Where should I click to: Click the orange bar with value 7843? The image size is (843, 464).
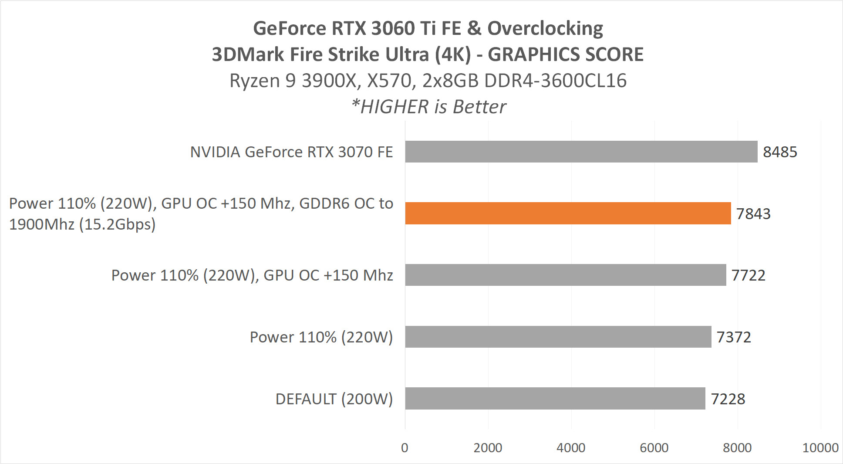[x=568, y=213]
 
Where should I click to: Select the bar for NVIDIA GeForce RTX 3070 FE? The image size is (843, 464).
[x=581, y=152]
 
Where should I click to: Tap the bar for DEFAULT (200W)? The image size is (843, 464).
[x=555, y=398]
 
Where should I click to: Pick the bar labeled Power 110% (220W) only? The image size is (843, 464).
[x=558, y=337]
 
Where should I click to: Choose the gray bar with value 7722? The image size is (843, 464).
[x=565, y=275]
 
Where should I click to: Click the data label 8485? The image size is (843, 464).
[x=780, y=152]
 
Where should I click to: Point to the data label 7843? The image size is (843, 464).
[x=753, y=214]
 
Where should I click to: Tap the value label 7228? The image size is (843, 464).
[x=728, y=399]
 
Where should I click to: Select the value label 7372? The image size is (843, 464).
[x=734, y=337]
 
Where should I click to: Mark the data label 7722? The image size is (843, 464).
[x=748, y=275]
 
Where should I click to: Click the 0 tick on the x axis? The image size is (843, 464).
[x=405, y=448]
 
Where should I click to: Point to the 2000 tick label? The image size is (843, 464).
[x=488, y=448]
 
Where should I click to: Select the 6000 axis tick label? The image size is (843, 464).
[x=654, y=448]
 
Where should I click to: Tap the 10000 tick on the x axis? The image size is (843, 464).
[x=820, y=448]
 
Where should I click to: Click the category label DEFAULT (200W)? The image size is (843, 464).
[x=334, y=399]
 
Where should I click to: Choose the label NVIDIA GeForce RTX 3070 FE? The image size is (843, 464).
[x=291, y=152]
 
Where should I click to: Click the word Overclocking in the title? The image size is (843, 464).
[x=545, y=29]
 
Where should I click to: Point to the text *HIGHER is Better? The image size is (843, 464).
[x=428, y=107]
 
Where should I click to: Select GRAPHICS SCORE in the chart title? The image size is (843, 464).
[x=566, y=55]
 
